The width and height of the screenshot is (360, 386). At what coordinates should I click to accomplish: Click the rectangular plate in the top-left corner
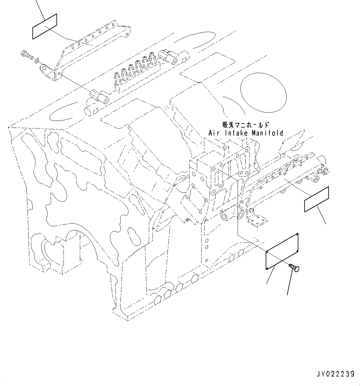point(44,26)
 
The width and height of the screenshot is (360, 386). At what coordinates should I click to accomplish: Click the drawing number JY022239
point(335,374)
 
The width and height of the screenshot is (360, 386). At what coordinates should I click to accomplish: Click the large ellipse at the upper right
point(264,94)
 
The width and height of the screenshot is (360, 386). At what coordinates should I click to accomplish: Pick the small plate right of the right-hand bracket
point(317,199)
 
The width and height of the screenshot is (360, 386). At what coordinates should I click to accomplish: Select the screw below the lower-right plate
point(295,268)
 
